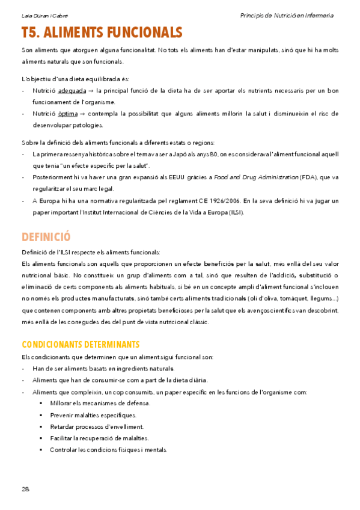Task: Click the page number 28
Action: (x=25, y=489)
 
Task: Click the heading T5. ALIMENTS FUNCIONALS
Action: (x=102, y=32)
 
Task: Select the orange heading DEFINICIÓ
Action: (x=46, y=236)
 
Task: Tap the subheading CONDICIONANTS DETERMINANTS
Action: (x=81, y=345)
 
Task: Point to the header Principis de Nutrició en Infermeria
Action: (x=286, y=16)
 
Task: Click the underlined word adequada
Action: (x=72, y=91)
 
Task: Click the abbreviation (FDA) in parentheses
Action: (x=308, y=177)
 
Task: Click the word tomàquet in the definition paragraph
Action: (x=292, y=299)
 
